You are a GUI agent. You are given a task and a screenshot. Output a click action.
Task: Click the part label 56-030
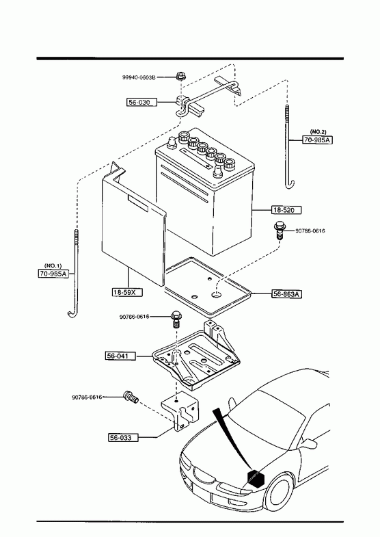click(x=142, y=102)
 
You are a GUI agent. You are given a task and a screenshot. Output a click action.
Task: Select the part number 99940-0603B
click(x=139, y=77)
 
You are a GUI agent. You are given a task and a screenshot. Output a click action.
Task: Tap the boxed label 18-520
click(x=286, y=210)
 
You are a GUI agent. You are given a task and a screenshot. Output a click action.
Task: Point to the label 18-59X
click(x=127, y=292)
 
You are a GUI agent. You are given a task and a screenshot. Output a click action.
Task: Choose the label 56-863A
click(x=287, y=294)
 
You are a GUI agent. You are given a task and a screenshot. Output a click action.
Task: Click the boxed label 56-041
click(x=120, y=356)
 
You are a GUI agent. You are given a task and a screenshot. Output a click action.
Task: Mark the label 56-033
click(x=124, y=437)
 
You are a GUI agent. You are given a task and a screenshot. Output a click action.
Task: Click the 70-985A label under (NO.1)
click(x=53, y=274)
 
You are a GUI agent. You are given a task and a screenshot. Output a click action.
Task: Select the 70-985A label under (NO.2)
click(x=318, y=140)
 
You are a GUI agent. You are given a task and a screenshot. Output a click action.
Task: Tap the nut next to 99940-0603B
click(x=180, y=76)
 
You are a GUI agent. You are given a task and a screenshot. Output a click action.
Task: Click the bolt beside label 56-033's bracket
click(x=131, y=397)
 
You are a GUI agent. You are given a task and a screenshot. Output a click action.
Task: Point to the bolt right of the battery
click(x=279, y=229)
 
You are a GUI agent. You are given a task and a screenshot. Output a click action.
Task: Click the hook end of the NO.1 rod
click(x=72, y=313)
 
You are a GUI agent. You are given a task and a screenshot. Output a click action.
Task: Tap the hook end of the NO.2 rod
click(x=290, y=184)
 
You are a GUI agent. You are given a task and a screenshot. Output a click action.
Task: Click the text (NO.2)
click(x=318, y=132)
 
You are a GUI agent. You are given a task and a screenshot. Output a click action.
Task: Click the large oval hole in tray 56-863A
click(x=216, y=294)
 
